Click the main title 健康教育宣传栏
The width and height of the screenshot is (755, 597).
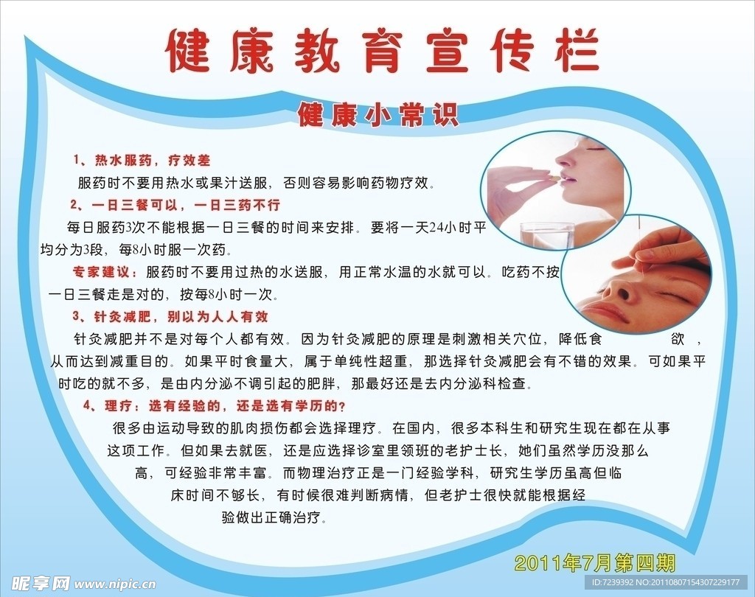(x=383, y=51)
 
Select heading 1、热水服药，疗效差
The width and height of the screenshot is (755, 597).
(x=142, y=161)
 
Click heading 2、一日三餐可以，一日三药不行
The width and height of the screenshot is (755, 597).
(x=175, y=205)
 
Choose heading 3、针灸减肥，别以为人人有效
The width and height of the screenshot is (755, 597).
(x=170, y=316)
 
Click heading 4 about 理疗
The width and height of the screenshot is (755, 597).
(x=215, y=406)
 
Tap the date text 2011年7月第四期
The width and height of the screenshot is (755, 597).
(x=595, y=562)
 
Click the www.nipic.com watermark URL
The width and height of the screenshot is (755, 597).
(x=116, y=584)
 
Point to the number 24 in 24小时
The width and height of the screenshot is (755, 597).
(x=436, y=227)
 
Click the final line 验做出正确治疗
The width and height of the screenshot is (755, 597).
(x=274, y=517)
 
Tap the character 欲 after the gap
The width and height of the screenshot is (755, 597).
(x=678, y=339)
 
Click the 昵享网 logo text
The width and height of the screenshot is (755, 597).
(x=41, y=584)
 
